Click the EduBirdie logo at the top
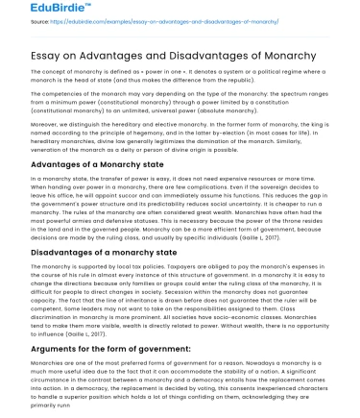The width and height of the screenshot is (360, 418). pyautogui.click(x=41, y=12)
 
